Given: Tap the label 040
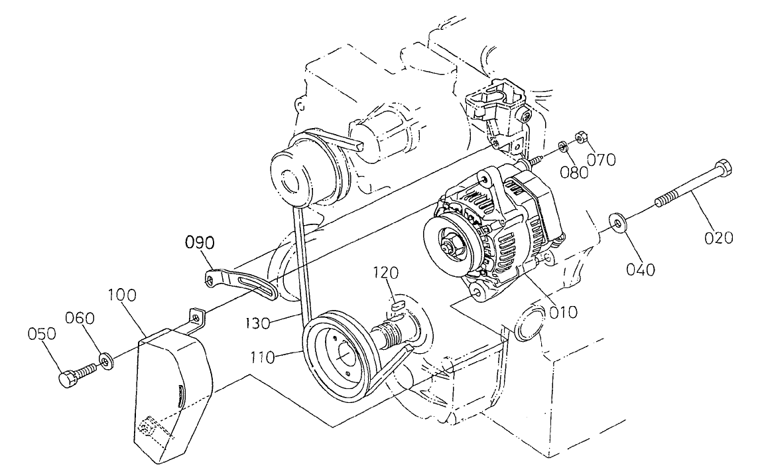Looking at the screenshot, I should tap(641, 269).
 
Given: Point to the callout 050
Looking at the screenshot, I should tap(41, 334).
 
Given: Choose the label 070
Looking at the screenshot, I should tap(601, 159).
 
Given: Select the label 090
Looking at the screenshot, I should tap(200, 243).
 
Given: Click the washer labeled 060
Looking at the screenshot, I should tap(105, 362).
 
